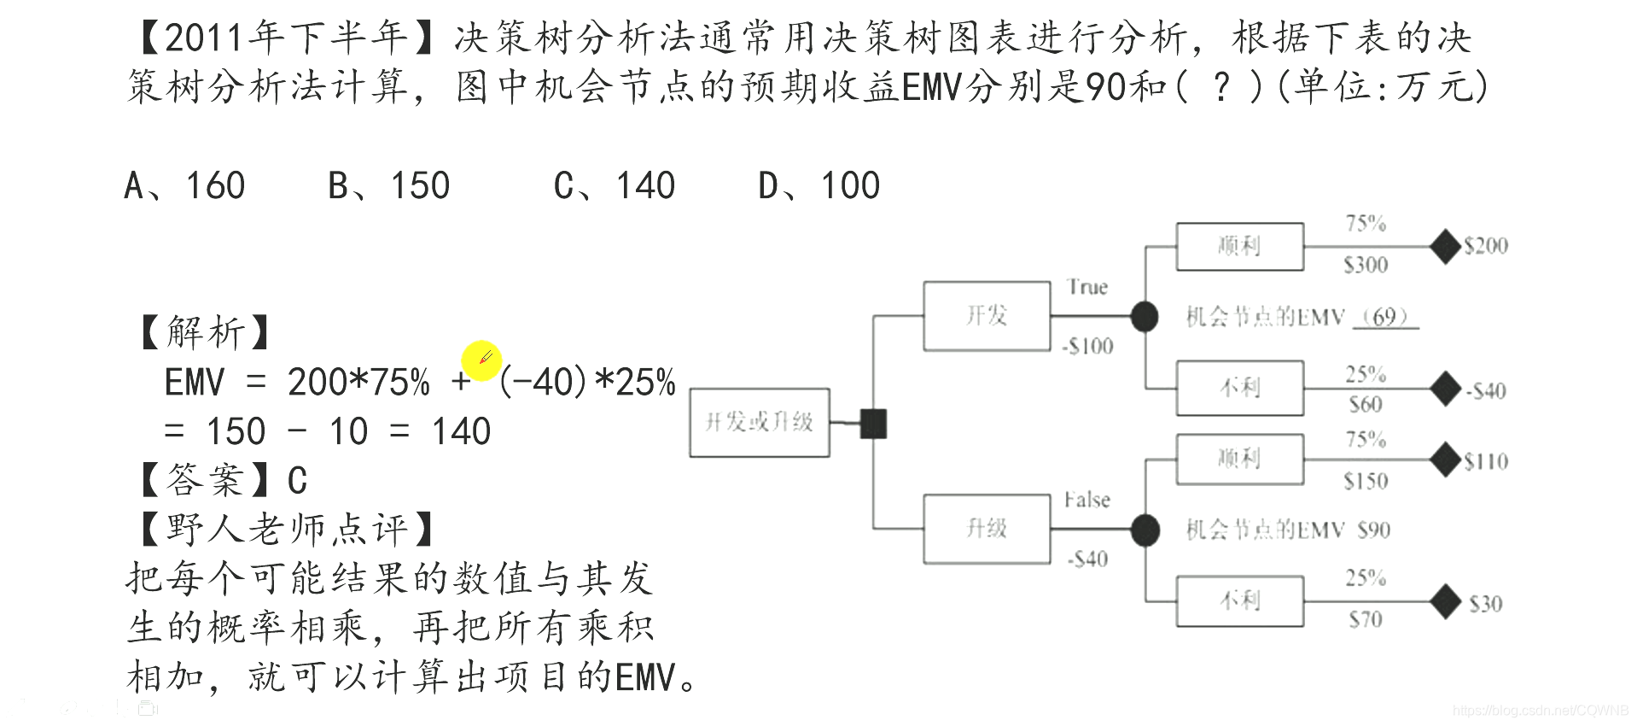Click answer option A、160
184,185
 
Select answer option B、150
389,185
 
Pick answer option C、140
615,185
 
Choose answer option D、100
819,185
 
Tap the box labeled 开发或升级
759,422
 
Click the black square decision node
873,424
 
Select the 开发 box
987,316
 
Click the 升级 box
987,529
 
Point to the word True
1086,287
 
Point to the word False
1086,500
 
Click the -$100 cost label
1088,346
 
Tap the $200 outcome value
1486,246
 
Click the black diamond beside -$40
1445,389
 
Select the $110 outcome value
1486,462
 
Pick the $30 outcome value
1485,605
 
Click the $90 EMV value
1373,530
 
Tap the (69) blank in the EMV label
1384,318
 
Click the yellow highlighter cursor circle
481,360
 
